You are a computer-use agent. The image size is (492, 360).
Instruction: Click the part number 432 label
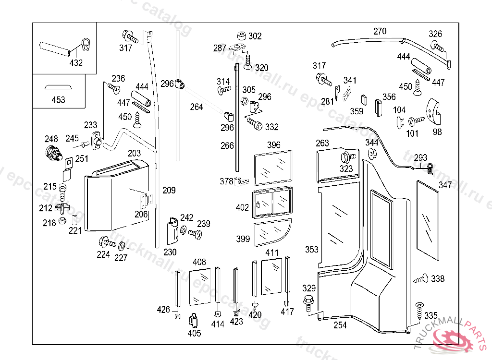point(76,63)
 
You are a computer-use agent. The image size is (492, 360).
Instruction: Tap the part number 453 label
point(58,100)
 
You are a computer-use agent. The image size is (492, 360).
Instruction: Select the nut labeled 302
point(242,36)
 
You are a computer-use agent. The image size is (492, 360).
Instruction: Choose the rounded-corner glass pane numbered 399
point(271,232)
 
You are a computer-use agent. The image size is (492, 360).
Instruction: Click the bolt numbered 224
point(106,242)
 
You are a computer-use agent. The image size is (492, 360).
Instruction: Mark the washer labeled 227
point(122,246)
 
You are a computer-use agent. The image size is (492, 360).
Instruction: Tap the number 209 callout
point(169,191)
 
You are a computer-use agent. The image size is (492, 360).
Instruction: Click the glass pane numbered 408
point(200,287)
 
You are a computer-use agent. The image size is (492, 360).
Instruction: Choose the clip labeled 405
point(194,319)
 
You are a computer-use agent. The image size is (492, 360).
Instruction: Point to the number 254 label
point(340,325)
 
